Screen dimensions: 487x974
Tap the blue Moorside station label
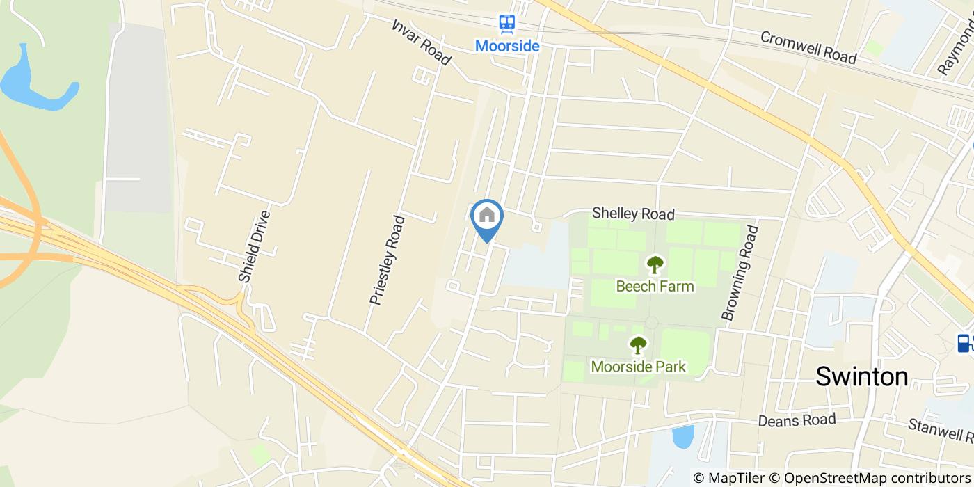pyautogui.click(x=507, y=46)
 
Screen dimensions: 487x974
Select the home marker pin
pyautogui.click(x=487, y=216)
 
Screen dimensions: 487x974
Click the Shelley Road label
pyautogui.click(x=633, y=214)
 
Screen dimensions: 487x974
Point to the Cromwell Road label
pyautogui.click(x=808, y=47)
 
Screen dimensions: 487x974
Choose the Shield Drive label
pyautogui.click(x=254, y=247)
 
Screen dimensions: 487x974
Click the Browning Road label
pyautogui.click(x=738, y=272)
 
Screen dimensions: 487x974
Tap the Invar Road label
pyautogui.click(x=422, y=41)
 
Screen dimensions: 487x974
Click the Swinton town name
pyautogui.click(x=861, y=376)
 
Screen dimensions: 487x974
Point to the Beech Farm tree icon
pyautogui.click(x=655, y=264)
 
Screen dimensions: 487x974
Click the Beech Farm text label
pyautogui.click(x=655, y=285)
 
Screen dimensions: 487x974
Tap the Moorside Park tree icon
pyautogui.click(x=638, y=344)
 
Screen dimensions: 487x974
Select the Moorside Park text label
pyautogui.click(x=638, y=366)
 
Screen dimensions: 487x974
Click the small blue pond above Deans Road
pyautogui.click(x=683, y=437)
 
